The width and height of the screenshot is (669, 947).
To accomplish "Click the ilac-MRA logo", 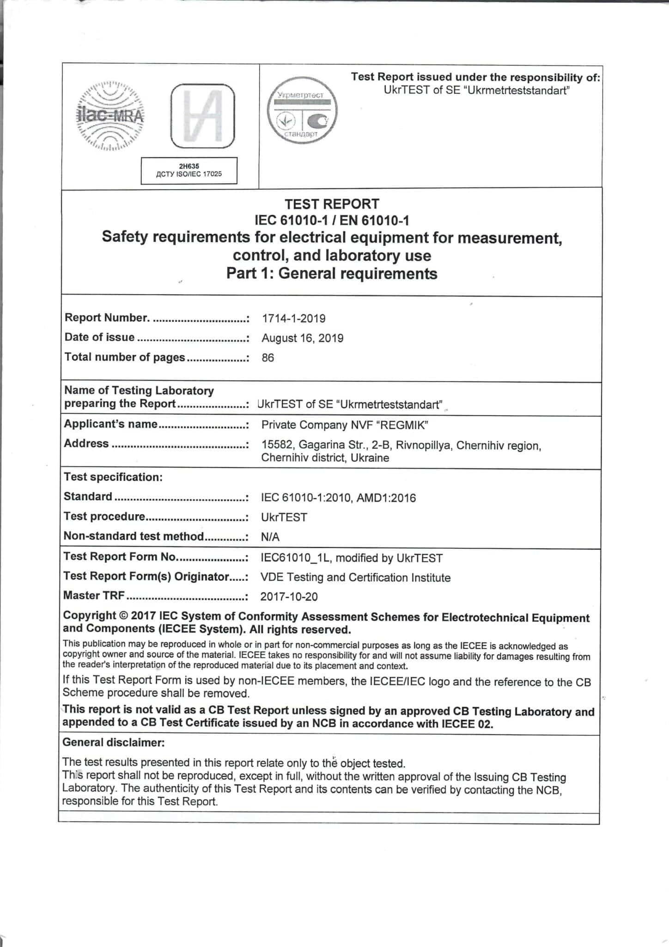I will pyautogui.click(x=110, y=115).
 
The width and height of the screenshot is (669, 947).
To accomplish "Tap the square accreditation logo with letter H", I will pyautogui.click(x=202, y=116).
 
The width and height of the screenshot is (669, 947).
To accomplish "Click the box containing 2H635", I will pyautogui.click(x=189, y=170).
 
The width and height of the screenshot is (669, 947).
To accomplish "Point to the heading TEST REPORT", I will pyautogui.click(x=332, y=204).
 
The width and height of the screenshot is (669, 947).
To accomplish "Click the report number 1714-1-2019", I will pyautogui.click(x=293, y=318).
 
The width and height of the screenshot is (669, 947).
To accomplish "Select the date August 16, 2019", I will pyautogui.click(x=302, y=338).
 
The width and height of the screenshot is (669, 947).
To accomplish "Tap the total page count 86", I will pyautogui.click(x=268, y=357).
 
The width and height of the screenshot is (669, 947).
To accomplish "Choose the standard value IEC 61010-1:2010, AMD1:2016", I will pyautogui.click(x=338, y=498).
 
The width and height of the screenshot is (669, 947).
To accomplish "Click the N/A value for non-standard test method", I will pyautogui.click(x=270, y=537).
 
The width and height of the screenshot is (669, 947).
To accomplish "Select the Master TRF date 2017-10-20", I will pyautogui.click(x=289, y=596).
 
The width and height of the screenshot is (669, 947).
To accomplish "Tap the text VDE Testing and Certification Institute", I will pyautogui.click(x=355, y=577).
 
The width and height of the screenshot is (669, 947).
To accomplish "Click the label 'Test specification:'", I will pyautogui.click(x=113, y=477).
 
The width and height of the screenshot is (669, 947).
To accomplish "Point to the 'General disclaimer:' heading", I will pyautogui.click(x=113, y=742).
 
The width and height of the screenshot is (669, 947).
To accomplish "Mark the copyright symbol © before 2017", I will pyautogui.click(x=123, y=616).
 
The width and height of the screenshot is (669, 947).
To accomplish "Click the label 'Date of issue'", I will pyautogui.click(x=99, y=337).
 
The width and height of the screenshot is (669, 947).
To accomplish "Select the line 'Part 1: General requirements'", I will pyautogui.click(x=332, y=273).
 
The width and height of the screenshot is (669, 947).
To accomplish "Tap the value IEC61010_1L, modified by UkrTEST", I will pyautogui.click(x=352, y=558).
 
